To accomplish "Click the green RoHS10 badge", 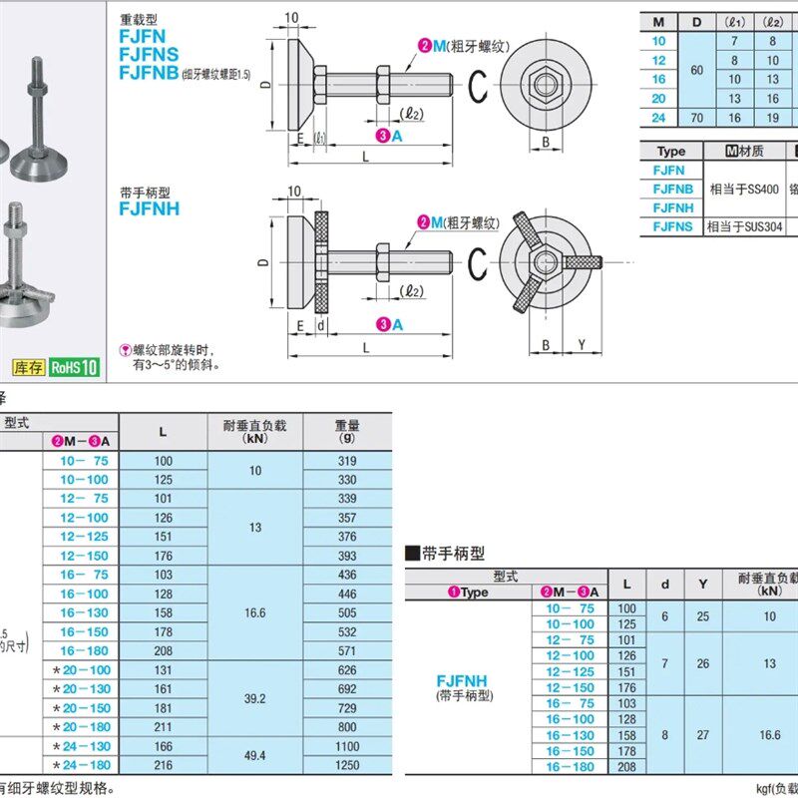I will [75, 367].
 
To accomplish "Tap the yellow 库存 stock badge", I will [29, 367].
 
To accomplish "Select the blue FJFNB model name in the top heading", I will [149, 72].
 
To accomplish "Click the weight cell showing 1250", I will [346, 764].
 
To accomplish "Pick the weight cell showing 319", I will [346, 461].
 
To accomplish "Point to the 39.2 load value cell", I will [254, 698].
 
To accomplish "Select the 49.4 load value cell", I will [254, 755].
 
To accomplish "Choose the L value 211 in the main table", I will [163, 726].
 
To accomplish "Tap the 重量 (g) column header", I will [346, 431].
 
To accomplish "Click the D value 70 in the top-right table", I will [696, 117].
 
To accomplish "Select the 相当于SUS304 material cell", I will [744, 226].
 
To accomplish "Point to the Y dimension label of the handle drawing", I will [582, 345].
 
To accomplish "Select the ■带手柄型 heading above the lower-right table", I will [445, 552].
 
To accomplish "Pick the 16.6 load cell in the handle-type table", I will [769, 734].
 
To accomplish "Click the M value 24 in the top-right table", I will [658, 117].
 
